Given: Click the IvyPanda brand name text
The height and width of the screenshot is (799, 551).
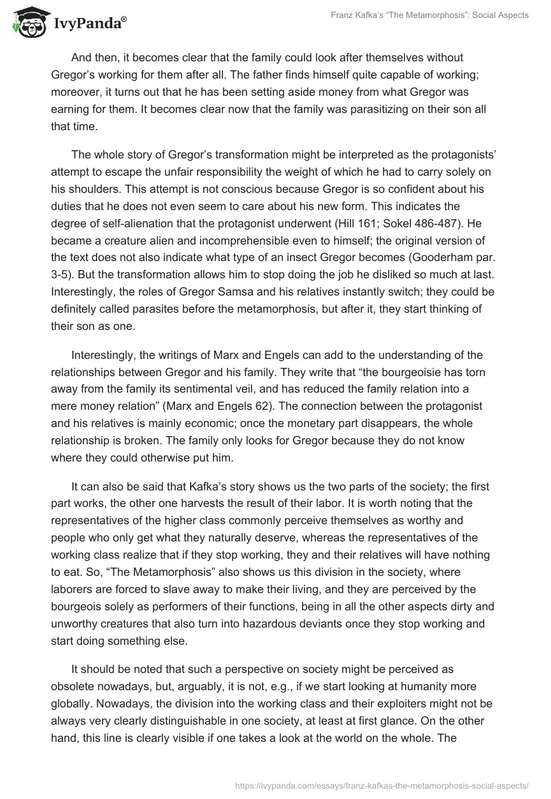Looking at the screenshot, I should coord(88,25).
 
